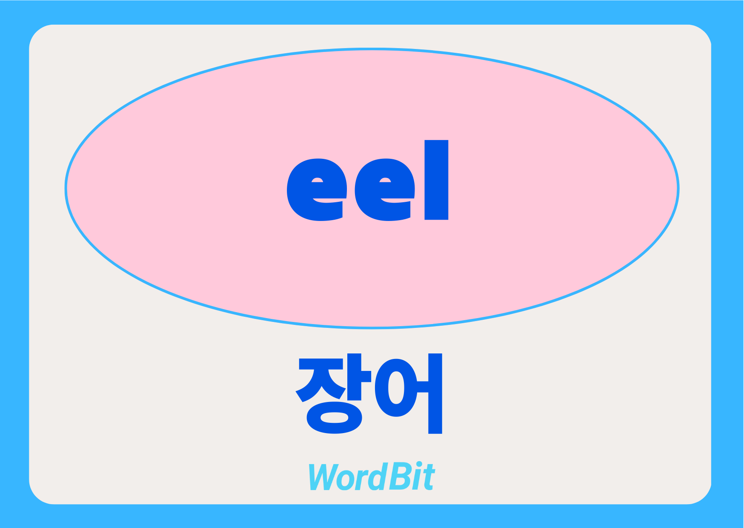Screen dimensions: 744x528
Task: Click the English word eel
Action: pos(368,180)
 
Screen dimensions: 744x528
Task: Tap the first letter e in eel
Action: pos(317,190)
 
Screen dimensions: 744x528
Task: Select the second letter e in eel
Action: pos(385,190)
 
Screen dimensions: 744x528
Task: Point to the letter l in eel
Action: pos(437,180)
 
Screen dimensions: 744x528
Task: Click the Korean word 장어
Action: pos(369,393)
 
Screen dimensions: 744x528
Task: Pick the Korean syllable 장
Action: pos(333,393)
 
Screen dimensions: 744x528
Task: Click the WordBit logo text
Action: pos(372,476)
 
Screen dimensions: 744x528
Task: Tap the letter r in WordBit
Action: pos(361,480)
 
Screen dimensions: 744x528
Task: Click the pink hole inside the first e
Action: pos(317,180)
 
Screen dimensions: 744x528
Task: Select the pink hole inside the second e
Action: pos(385,180)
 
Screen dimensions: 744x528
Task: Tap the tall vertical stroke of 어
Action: pos(435,393)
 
